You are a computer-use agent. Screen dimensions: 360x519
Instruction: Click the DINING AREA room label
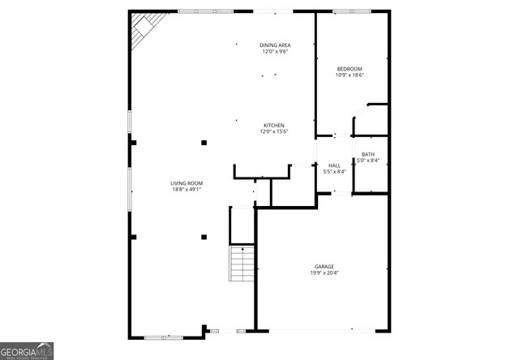coord(275,45)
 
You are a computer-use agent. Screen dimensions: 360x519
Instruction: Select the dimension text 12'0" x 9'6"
coord(275,52)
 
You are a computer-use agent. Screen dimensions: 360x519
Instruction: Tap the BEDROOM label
coord(350,69)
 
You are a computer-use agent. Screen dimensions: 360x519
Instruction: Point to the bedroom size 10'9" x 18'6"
coord(350,76)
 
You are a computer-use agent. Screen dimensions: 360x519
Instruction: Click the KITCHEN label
coord(273,125)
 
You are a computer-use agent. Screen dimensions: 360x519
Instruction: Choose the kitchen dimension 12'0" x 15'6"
coord(273,132)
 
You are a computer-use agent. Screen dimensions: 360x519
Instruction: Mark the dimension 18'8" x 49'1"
coord(186,190)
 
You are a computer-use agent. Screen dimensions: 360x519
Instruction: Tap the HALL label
coord(334,165)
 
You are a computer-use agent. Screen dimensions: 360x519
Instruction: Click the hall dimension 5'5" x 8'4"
coord(334,172)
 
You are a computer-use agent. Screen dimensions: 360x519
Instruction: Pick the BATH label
coord(368,154)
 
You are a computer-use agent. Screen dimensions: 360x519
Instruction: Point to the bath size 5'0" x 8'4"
coord(368,161)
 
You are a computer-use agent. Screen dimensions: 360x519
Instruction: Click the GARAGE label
coord(324,266)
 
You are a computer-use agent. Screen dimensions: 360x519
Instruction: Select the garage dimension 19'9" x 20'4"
coord(324,273)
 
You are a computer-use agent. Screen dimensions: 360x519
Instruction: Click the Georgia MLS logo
coord(27,350)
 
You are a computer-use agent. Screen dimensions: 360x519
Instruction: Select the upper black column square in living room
coord(204,143)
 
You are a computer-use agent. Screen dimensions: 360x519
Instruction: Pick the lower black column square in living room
coord(204,237)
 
